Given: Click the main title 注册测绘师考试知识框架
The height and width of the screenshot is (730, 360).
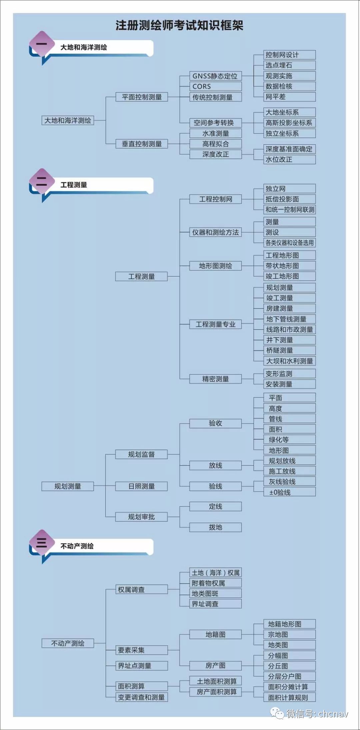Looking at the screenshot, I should click(179, 25).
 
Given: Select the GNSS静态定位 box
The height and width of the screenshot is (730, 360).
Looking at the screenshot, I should click(215, 76).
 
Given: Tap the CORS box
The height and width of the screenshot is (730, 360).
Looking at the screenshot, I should click(215, 86).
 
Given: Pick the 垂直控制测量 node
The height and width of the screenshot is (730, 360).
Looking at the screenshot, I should click(142, 144).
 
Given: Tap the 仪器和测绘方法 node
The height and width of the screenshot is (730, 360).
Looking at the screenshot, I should click(215, 232).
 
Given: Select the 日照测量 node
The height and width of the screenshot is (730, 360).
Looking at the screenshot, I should click(142, 486).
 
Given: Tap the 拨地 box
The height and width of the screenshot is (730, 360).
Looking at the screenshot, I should click(215, 527).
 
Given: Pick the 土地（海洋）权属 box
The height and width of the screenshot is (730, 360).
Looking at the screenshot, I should click(215, 573).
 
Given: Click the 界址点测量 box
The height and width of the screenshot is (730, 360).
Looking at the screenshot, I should click(142, 666).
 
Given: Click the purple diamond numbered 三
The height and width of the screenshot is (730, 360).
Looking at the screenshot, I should click(42, 543).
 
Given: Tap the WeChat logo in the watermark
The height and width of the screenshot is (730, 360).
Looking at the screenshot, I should click(277, 713).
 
